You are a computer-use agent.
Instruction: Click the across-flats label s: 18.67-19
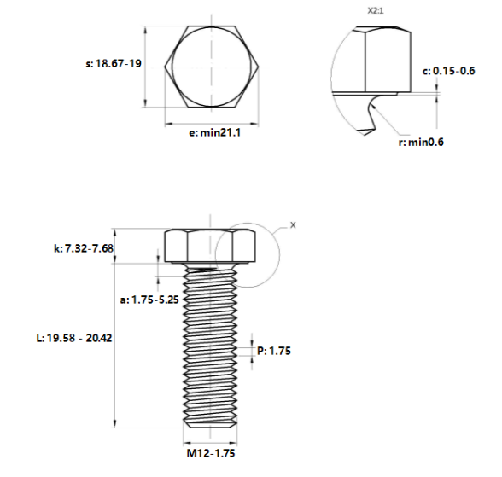coord(114,64)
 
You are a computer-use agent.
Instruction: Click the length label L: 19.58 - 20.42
coord(75,338)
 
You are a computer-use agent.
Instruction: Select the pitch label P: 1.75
coord(273,350)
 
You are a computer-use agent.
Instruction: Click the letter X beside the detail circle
coord(293,225)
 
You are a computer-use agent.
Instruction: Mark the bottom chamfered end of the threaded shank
coord(211,423)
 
